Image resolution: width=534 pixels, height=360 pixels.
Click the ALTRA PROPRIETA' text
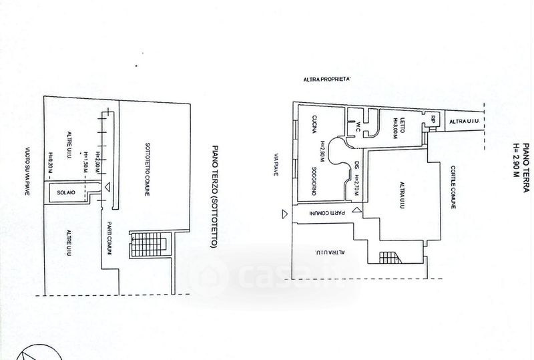pos(328,80)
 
